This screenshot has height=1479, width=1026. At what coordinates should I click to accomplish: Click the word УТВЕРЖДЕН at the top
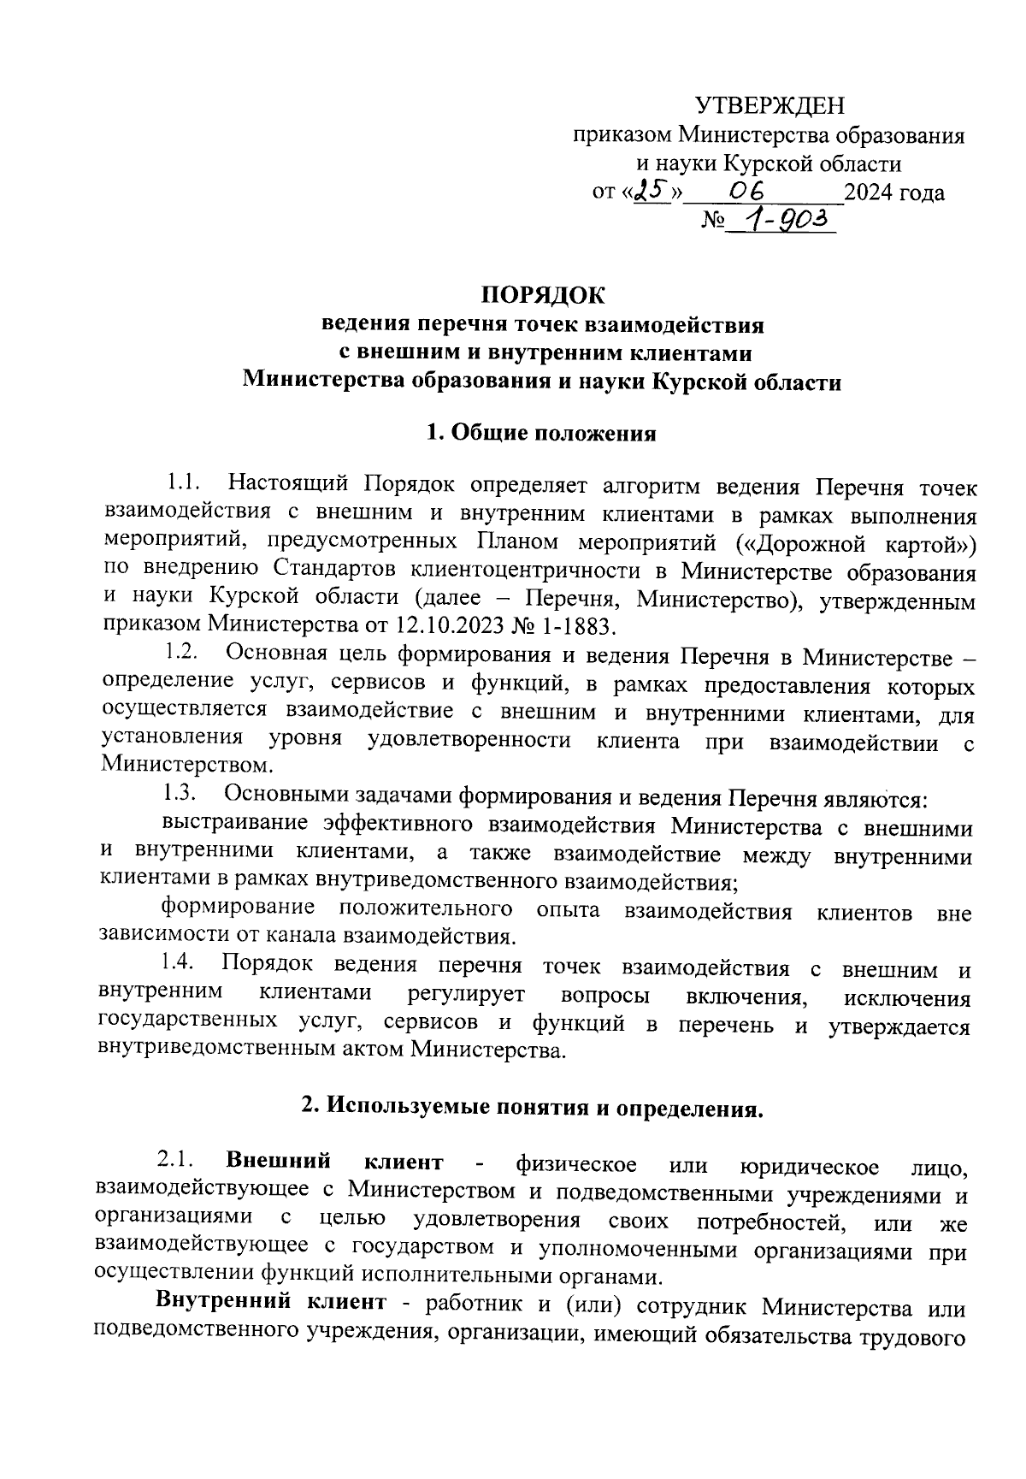click(x=769, y=105)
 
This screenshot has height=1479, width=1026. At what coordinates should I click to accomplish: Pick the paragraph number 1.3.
click(x=180, y=794)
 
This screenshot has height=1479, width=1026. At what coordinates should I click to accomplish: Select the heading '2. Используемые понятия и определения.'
click(x=531, y=1109)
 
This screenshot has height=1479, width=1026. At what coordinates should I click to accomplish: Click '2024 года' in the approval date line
click(x=894, y=192)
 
